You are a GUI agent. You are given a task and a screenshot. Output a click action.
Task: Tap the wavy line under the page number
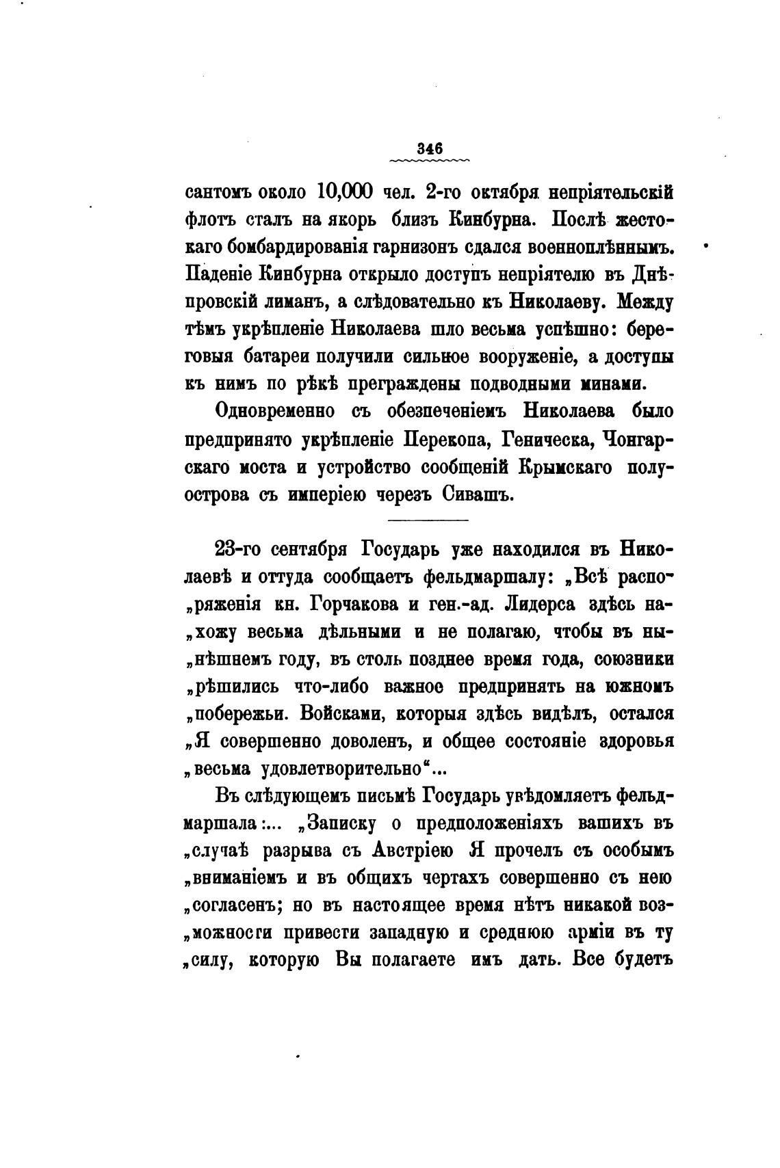coord(429,161)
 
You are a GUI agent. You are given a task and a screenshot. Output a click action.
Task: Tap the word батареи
coord(276,356)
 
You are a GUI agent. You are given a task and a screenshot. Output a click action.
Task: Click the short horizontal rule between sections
coord(428,521)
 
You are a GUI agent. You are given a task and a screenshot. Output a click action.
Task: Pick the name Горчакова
coord(356,604)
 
